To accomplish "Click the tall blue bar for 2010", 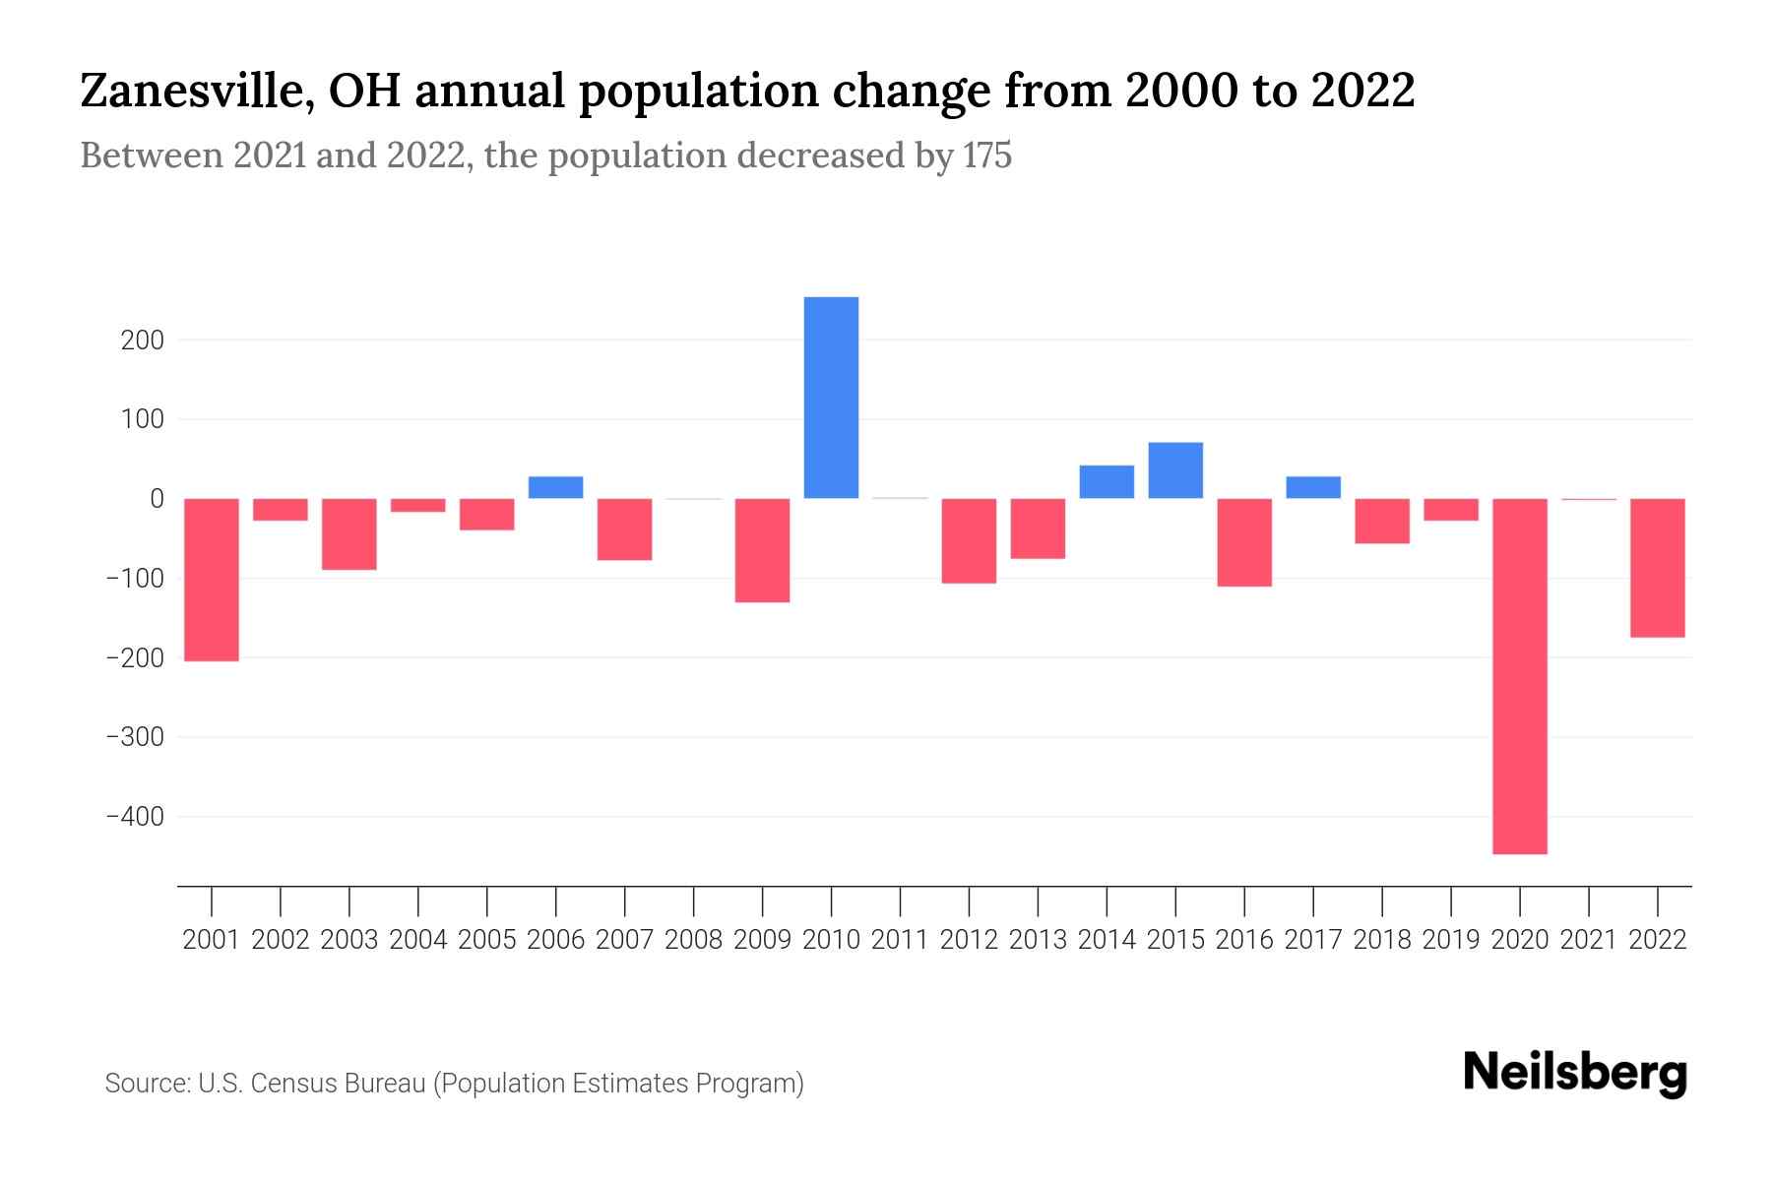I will [831, 398].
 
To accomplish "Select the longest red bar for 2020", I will [1519, 676].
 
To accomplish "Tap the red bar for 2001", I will [212, 580].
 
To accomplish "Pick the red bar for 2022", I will [1657, 568].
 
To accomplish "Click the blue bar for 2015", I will [1175, 470].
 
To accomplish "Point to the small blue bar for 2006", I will [556, 487].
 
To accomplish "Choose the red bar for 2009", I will [762, 550].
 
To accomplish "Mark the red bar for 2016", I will [1244, 542].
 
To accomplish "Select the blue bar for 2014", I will [1107, 482].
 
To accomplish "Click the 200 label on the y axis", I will [143, 341].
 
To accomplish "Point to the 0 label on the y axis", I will [157, 499].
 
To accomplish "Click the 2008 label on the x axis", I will [693, 940].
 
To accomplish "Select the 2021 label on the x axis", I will [1588, 940].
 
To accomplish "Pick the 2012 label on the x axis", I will [969, 940].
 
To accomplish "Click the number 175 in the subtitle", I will [987, 156].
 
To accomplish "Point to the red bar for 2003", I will [349, 534].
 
